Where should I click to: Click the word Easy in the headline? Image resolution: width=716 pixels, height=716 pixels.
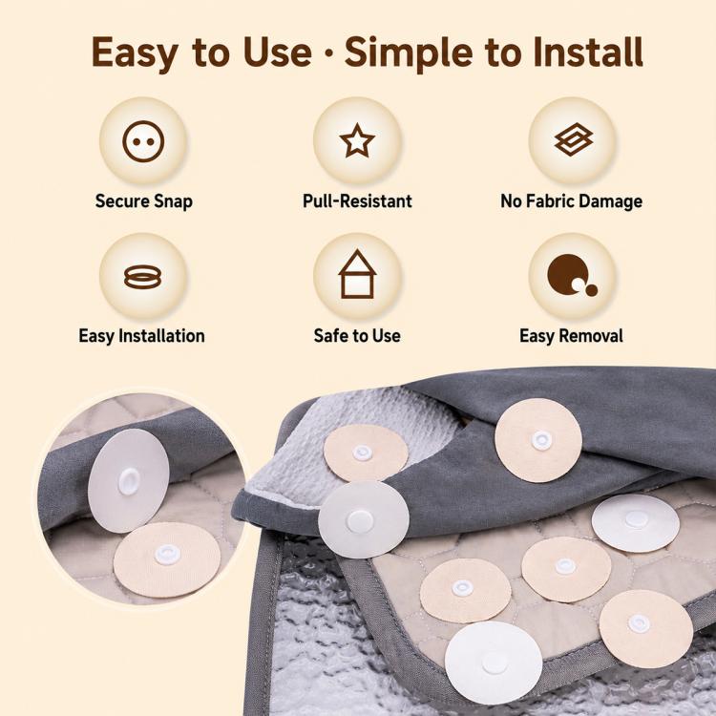click(135, 53)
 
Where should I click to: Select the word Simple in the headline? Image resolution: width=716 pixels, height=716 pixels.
click(409, 53)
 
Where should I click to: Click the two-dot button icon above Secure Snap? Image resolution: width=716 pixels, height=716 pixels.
click(143, 141)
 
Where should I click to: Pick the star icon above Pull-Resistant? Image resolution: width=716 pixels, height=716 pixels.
click(357, 140)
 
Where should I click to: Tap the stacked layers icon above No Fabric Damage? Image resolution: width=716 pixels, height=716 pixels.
click(574, 138)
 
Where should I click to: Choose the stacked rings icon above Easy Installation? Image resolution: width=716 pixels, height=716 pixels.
click(142, 277)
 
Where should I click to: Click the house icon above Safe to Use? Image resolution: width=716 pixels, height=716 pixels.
click(357, 274)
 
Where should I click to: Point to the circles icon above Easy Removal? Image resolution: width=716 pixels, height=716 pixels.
click(572, 275)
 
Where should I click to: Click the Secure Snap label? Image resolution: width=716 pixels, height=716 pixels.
click(144, 200)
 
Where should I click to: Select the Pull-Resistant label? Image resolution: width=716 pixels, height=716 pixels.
click(357, 200)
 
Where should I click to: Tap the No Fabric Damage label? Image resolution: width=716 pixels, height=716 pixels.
click(571, 200)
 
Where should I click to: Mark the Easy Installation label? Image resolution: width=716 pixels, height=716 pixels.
click(141, 336)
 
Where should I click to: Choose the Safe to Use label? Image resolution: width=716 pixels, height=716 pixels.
click(357, 336)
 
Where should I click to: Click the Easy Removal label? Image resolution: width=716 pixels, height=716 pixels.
click(571, 336)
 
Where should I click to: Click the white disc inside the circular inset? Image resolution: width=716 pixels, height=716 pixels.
click(128, 481)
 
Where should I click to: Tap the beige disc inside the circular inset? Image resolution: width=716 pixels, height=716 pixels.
click(167, 560)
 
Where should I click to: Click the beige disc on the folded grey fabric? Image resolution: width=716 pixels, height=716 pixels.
click(538, 440)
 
